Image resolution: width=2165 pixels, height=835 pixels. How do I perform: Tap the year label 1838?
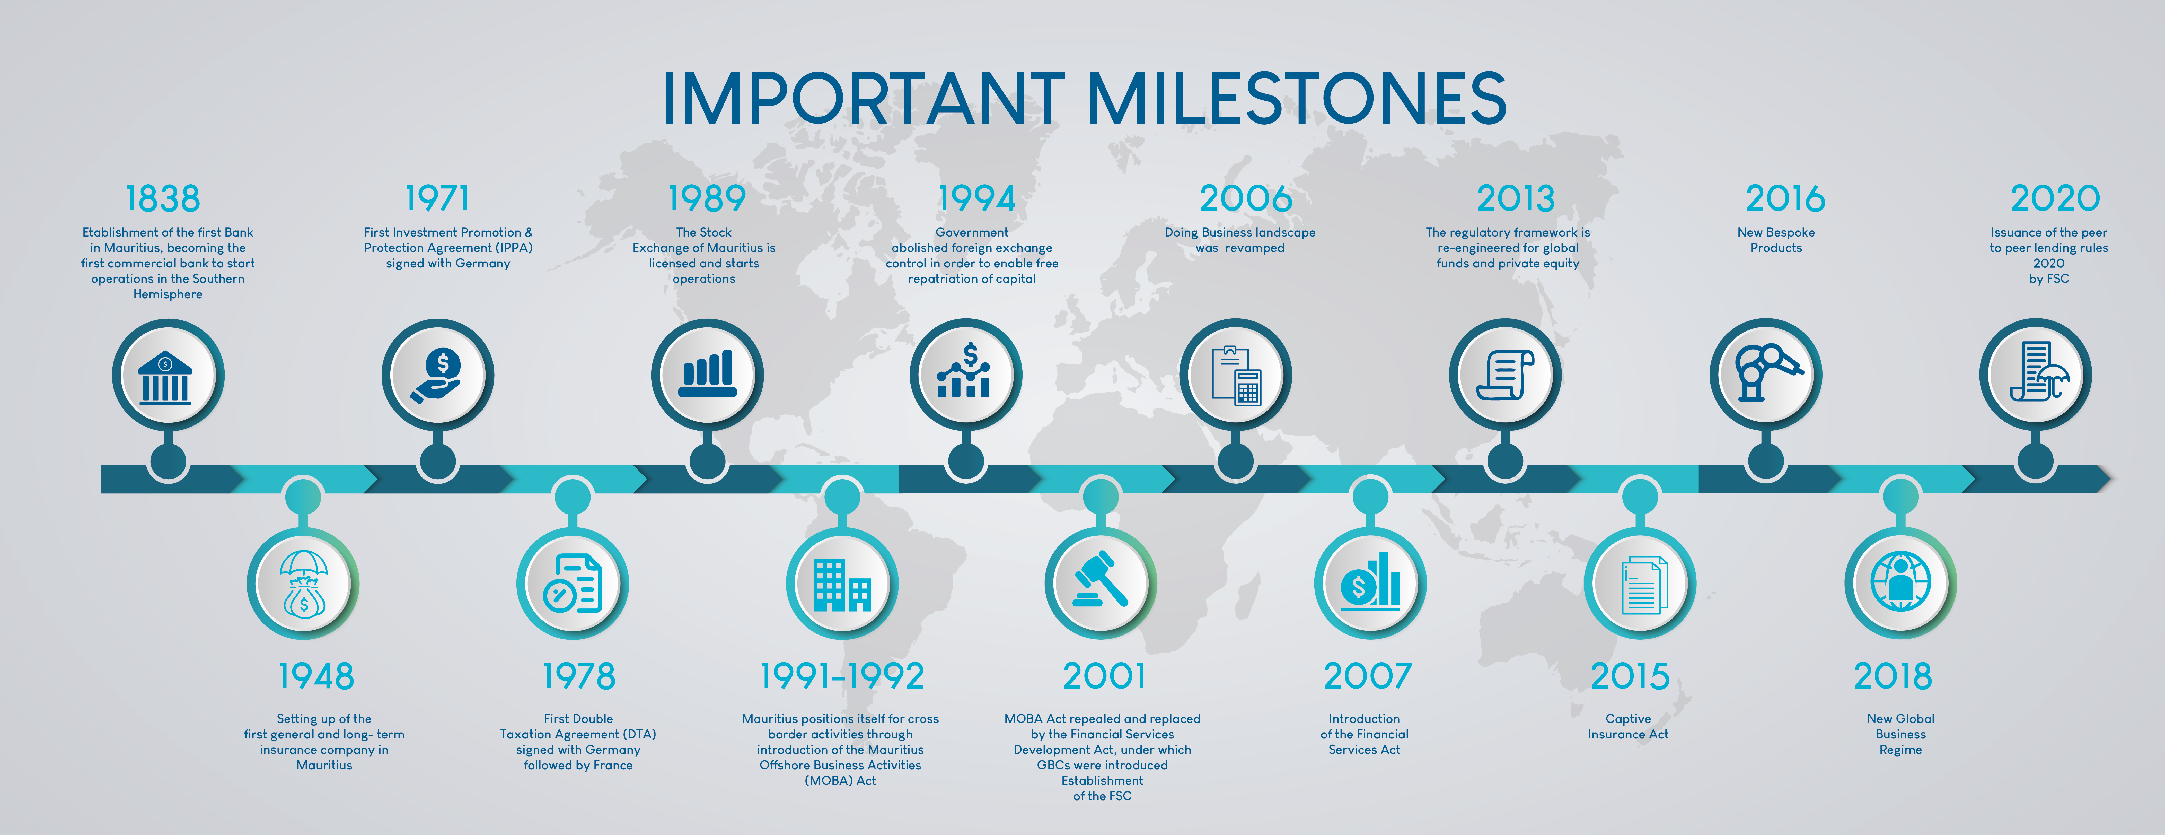(x=163, y=199)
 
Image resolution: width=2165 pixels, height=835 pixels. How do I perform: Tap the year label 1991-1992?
(x=842, y=676)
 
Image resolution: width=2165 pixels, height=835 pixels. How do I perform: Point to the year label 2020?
(x=2055, y=199)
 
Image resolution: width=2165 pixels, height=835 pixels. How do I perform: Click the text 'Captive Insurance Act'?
(x=1628, y=727)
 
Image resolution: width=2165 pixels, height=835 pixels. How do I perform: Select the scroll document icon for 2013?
(x=1505, y=375)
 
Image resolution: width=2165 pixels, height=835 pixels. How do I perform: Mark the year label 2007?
(x=1367, y=676)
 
